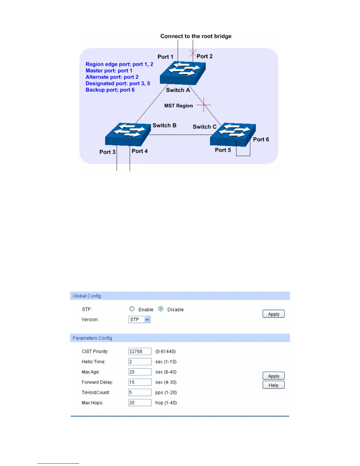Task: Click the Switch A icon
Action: [x=183, y=73]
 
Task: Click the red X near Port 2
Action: [x=193, y=53]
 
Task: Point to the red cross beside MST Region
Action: [x=204, y=105]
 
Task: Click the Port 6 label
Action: [x=261, y=139]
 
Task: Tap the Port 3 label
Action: [x=107, y=152]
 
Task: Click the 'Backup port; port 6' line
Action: [x=110, y=90]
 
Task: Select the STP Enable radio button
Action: [x=132, y=309]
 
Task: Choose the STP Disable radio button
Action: [x=161, y=309]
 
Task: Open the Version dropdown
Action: [x=140, y=319]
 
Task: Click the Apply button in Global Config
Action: [x=274, y=314]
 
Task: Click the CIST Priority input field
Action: [x=140, y=351]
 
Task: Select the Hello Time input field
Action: [x=140, y=362]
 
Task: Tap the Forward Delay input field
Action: [x=140, y=382]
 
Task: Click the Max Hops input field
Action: [x=140, y=403]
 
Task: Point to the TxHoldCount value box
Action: [x=140, y=392]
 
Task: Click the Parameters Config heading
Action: [x=92, y=338]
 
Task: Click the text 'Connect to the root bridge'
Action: [x=196, y=36]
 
